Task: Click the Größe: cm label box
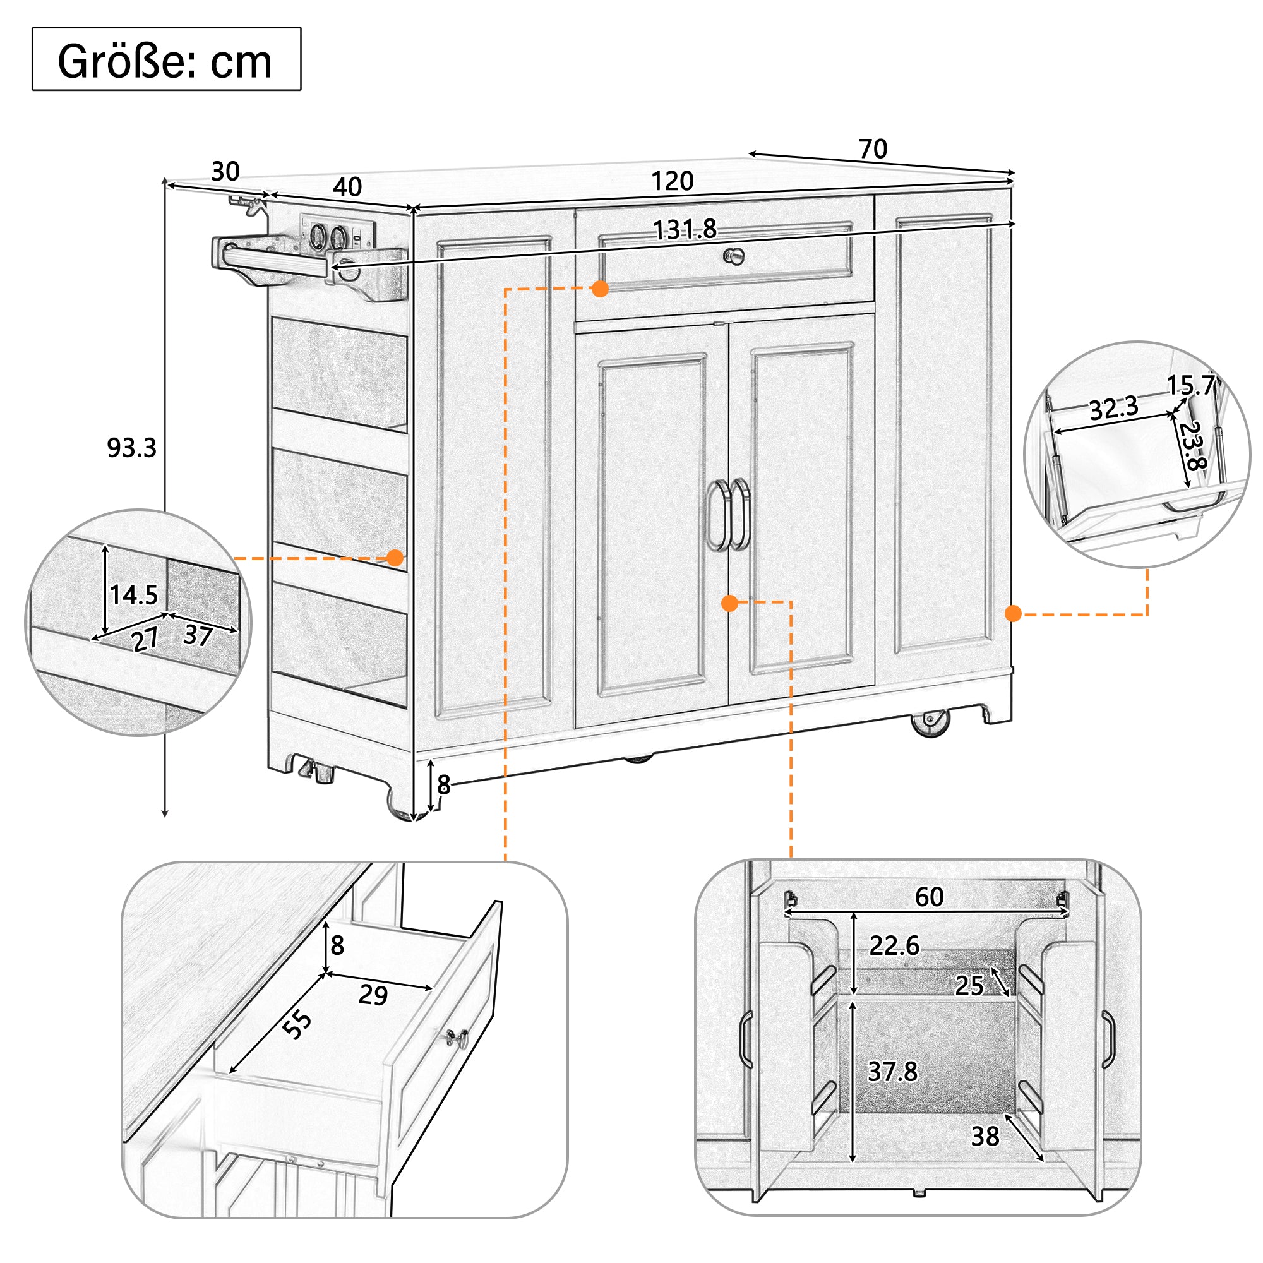pos(166,59)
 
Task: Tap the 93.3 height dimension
pos(131,448)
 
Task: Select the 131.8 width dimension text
pos(685,229)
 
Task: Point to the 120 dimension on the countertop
pos(672,181)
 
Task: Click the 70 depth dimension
pos(873,149)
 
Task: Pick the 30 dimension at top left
pos(225,171)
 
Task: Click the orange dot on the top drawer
pos(600,289)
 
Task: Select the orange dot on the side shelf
pos(395,558)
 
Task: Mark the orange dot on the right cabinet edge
pos(1014,613)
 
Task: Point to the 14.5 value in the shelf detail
pos(133,595)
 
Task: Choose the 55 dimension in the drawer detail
pos(297,1024)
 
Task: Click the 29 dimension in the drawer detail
pos(373,995)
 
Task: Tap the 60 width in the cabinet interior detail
pos(929,897)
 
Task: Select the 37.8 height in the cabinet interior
pos(892,1071)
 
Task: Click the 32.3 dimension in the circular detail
pos(1113,409)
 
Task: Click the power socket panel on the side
pos(337,233)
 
